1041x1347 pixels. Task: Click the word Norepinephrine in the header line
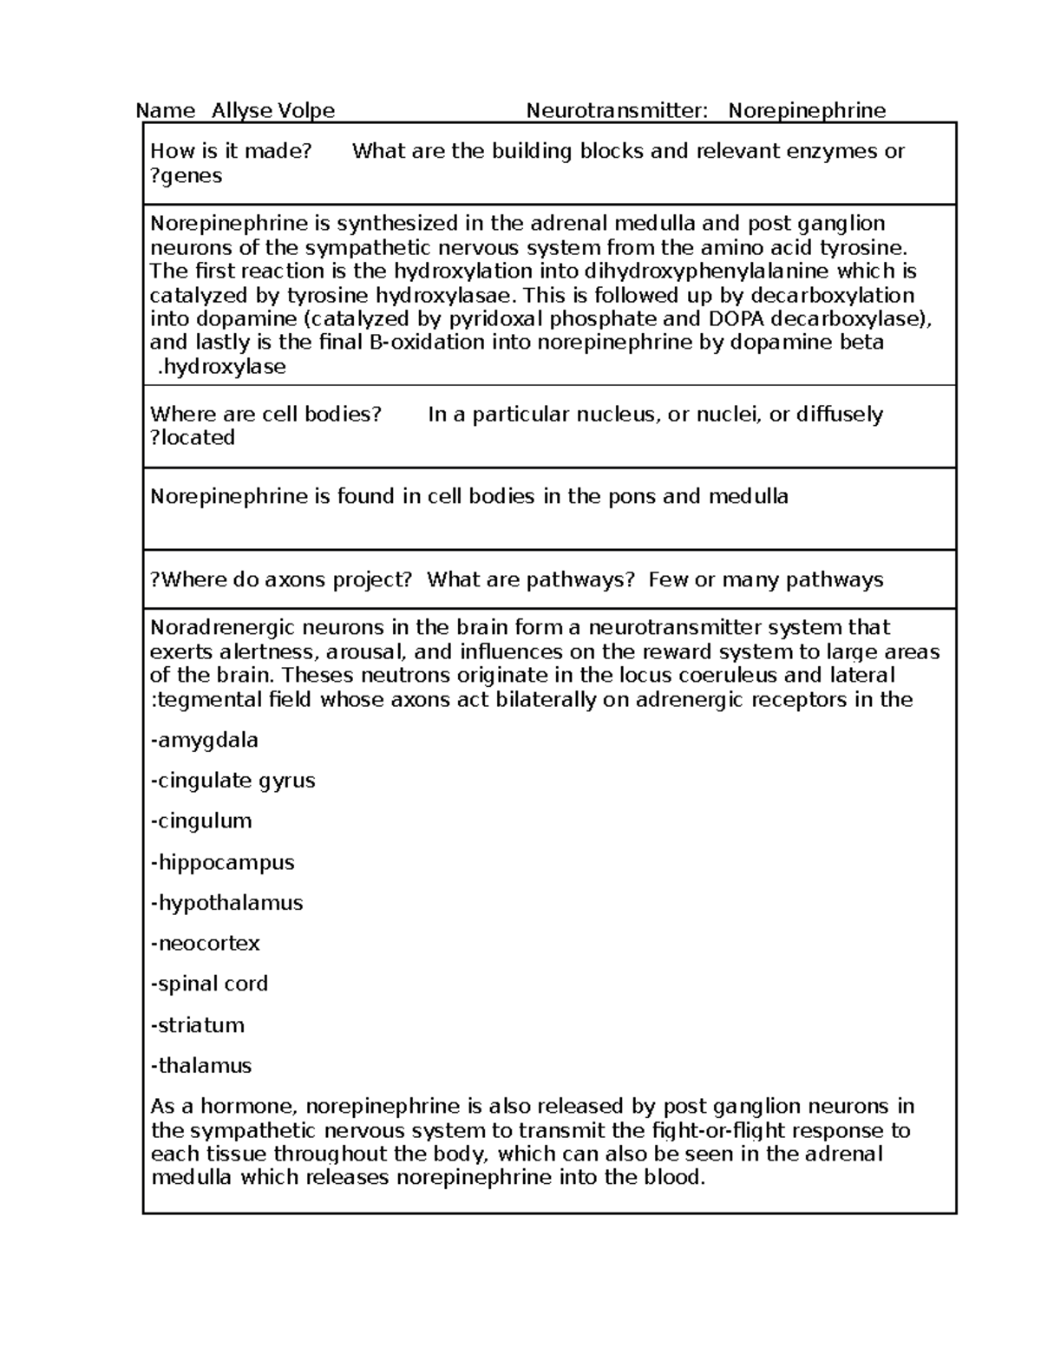click(807, 111)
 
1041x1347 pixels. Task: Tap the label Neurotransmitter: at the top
click(617, 111)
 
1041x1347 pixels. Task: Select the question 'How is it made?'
click(231, 151)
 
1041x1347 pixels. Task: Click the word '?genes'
click(187, 176)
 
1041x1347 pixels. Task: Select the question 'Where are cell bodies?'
click(265, 414)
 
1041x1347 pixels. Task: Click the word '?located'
click(193, 438)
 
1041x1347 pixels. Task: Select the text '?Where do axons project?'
click(281, 579)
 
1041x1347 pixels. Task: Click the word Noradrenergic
click(222, 627)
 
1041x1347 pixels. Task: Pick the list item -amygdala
click(205, 741)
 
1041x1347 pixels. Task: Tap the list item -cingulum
click(201, 821)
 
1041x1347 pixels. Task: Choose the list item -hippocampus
click(222, 862)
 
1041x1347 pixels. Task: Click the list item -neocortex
click(205, 943)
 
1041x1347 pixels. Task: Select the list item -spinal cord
click(209, 984)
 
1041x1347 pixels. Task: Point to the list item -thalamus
click(201, 1065)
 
